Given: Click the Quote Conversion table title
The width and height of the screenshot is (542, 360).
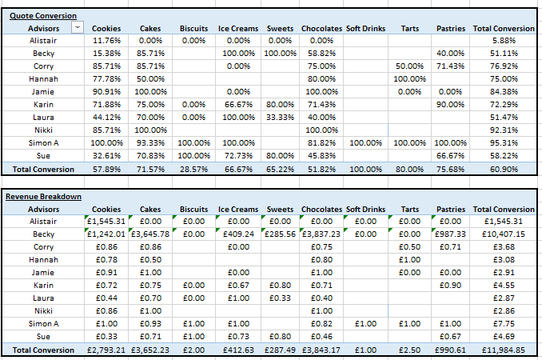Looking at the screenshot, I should pos(43,15).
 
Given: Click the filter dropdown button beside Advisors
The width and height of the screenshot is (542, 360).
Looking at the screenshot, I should pos(77,28).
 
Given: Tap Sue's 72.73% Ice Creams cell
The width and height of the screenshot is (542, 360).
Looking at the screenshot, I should pos(238,156).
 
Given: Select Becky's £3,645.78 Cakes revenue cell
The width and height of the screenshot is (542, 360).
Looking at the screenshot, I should pos(149,234).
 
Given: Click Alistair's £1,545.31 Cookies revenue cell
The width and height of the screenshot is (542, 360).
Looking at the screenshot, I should pos(106,221).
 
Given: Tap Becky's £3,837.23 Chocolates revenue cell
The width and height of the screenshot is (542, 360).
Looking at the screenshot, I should pos(321,234).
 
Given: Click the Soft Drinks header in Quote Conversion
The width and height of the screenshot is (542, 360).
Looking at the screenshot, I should pos(365,28).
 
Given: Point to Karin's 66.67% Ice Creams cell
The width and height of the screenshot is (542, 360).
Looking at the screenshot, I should pos(238,104).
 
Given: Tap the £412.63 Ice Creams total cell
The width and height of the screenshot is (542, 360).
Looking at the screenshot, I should pos(238,350).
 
